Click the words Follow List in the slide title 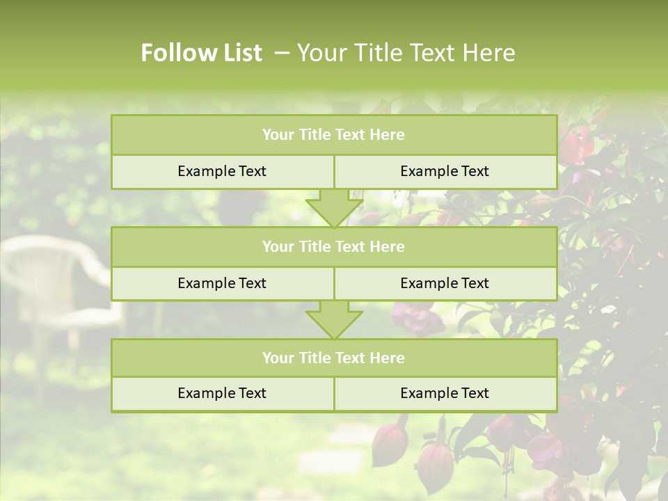(201, 53)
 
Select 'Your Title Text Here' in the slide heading (406, 53)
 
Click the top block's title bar (333, 135)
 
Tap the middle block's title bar (333, 247)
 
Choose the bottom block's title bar (333, 358)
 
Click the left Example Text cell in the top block (222, 172)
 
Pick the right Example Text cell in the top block (445, 172)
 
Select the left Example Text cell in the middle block (222, 284)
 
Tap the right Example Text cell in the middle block (445, 284)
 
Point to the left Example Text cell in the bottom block (222, 394)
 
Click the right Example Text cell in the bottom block (445, 394)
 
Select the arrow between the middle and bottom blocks (334, 319)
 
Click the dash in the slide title (282, 53)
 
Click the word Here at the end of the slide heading (490, 53)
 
